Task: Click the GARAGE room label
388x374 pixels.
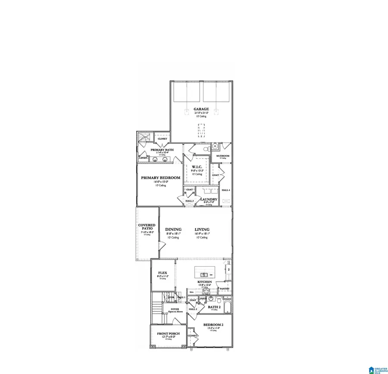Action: pos(201,109)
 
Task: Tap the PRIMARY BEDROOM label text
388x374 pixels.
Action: pos(161,178)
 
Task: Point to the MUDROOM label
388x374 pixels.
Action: pos(223,156)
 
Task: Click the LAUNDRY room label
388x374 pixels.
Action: pos(209,199)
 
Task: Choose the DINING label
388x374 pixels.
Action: pos(173,229)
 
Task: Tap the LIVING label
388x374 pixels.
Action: pos(202,229)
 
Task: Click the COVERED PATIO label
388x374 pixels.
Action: pos(147,227)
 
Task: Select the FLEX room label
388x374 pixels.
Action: pos(163,273)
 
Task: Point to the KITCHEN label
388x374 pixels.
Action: pos(204,282)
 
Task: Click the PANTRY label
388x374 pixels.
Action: pos(225,289)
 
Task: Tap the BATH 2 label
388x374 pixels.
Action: pos(214,307)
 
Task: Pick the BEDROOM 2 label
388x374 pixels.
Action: pos(213,324)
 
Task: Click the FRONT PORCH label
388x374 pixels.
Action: pos(168,334)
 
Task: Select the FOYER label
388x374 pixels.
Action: pos(175,309)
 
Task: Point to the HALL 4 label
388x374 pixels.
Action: pos(226,190)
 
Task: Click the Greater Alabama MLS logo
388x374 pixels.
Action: pos(377,367)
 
